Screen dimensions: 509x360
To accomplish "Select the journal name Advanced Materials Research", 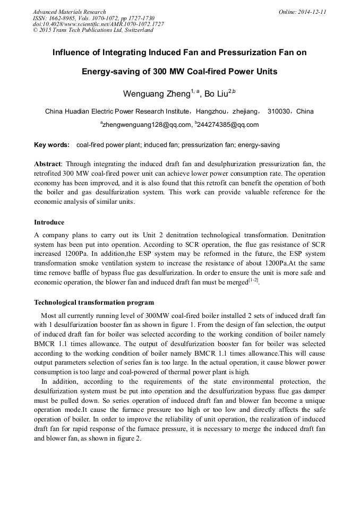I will coord(69,12).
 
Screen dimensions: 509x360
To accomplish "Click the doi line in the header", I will coord(98,24).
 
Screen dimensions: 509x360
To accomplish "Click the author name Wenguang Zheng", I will coord(157,94).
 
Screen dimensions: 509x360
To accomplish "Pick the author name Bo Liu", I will coord(216,94).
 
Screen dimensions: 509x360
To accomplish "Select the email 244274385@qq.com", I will coord(228,125).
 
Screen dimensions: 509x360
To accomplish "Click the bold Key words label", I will coord(52,145).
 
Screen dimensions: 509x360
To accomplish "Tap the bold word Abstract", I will coord(48,164).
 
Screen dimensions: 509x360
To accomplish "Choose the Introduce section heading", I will coord(49,222).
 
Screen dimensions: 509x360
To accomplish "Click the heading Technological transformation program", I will coord(94,303).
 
